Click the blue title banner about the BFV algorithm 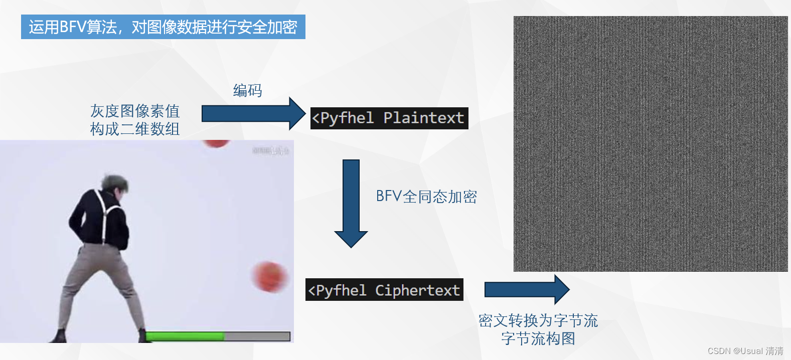click(x=163, y=27)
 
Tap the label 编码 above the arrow click(x=247, y=91)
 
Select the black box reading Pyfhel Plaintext click(x=389, y=118)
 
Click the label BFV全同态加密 click(x=426, y=197)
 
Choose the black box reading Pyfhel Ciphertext click(x=384, y=290)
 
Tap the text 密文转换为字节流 click(x=538, y=320)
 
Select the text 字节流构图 click(x=538, y=339)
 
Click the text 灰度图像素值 click(x=135, y=111)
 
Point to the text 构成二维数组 click(x=135, y=129)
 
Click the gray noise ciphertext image click(x=651, y=144)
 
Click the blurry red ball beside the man click(x=269, y=276)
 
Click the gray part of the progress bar click(x=257, y=336)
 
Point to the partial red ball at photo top click(x=216, y=143)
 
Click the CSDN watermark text click(x=745, y=351)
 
